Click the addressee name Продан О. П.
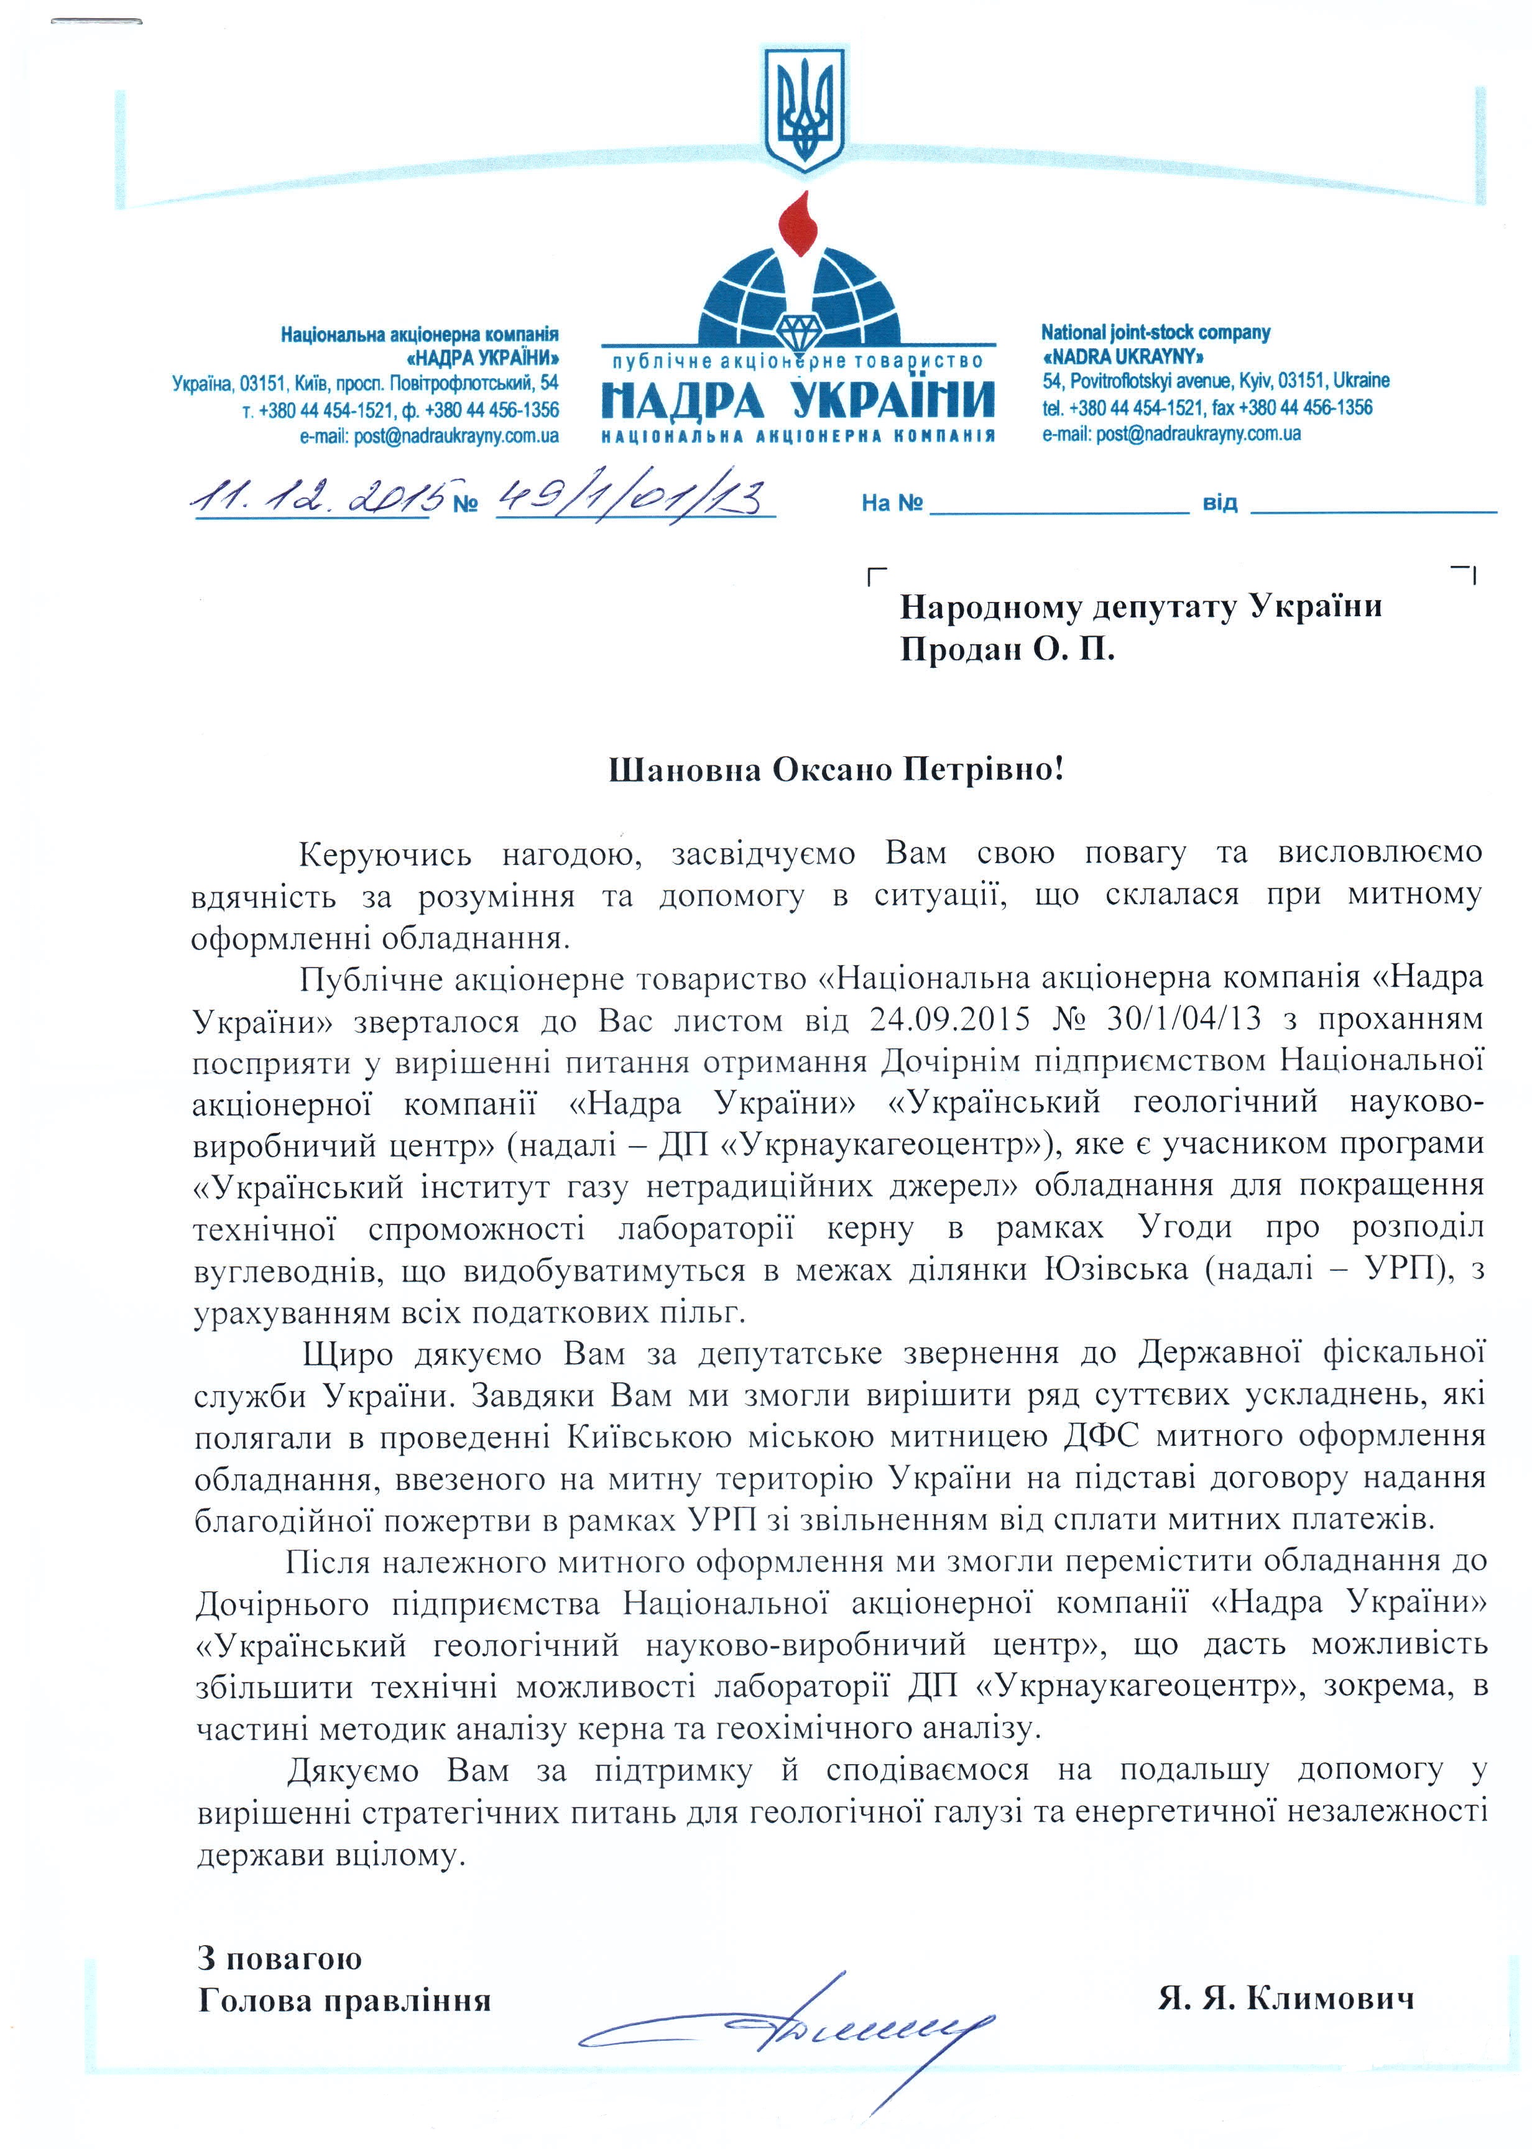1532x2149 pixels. pyautogui.click(x=1007, y=650)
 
